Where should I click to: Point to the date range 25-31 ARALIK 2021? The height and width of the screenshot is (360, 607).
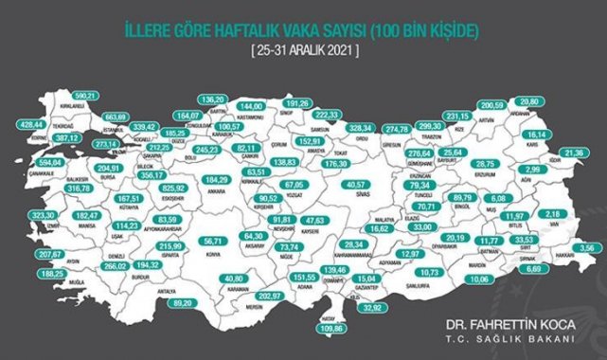coord(302,48)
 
